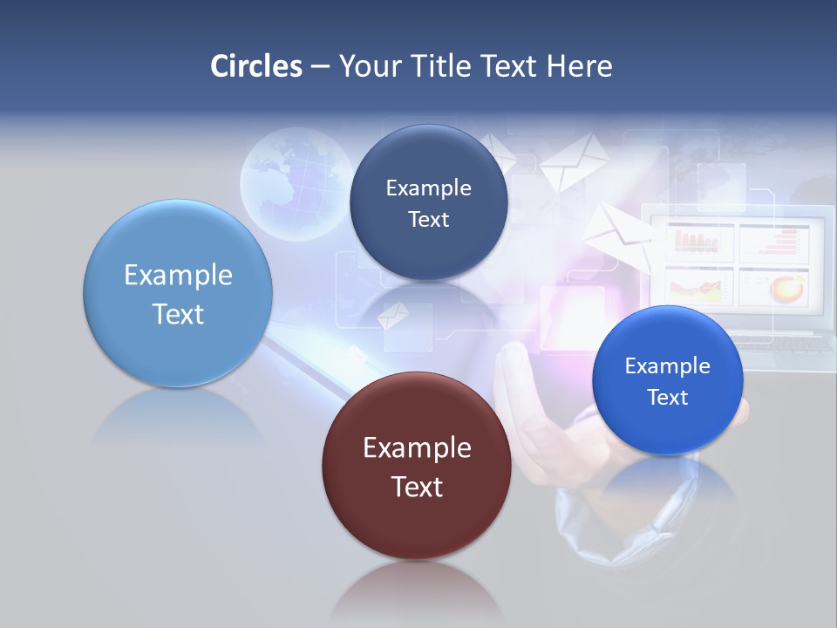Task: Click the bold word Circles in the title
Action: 255,66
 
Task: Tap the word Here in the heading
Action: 579,66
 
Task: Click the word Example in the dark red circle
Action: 417,448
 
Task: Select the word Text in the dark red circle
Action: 417,487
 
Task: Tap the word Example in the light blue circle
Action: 178,276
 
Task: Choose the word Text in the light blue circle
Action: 178,314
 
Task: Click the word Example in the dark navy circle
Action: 428,188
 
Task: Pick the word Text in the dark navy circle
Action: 428,219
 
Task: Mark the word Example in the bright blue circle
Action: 667,366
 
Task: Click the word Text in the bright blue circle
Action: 667,397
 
